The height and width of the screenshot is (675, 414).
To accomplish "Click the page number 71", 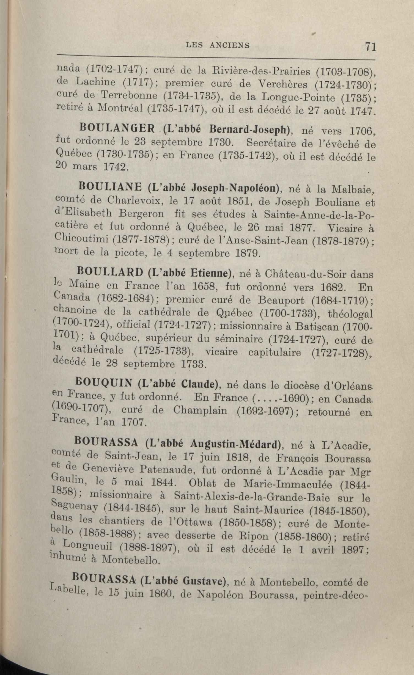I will [370, 46].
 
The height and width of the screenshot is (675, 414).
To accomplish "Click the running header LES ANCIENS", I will [218, 45].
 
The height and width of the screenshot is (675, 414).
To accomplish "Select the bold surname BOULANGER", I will [117, 129].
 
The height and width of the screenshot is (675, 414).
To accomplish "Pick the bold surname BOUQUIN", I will [106, 383].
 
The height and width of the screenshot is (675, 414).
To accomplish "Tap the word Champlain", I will [200, 411].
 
